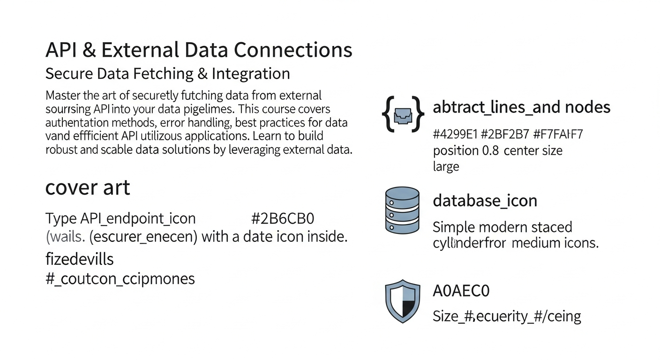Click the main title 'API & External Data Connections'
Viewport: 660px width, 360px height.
click(199, 50)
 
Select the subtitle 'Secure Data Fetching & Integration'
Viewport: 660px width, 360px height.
click(167, 74)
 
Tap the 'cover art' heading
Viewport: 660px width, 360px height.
click(87, 188)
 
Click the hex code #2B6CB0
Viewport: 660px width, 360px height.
click(282, 218)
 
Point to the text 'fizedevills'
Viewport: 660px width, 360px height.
click(79, 259)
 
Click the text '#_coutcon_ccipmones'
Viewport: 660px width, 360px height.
click(120, 278)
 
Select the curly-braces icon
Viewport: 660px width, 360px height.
click(403, 114)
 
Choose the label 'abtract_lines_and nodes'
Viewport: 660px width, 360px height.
click(521, 107)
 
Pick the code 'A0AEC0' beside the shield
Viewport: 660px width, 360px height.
click(461, 291)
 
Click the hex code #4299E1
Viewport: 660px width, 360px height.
click(455, 135)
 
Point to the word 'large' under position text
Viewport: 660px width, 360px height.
click(446, 166)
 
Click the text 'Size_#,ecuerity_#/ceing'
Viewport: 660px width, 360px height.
click(507, 316)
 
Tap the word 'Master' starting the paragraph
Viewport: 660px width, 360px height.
click(63, 96)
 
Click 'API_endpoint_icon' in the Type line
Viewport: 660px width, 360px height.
click(138, 218)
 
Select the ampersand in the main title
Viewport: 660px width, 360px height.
click(86, 50)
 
